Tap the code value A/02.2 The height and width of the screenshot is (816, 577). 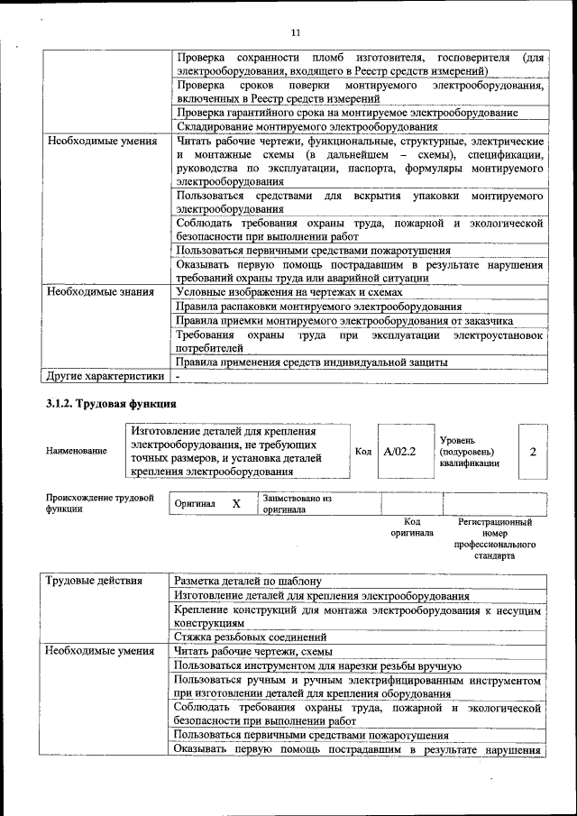pyautogui.click(x=398, y=450)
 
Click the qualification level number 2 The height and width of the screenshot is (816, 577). pyautogui.click(x=532, y=450)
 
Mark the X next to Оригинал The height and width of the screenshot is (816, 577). pyautogui.click(x=236, y=504)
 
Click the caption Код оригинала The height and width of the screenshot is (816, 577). pyautogui.click(x=412, y=527)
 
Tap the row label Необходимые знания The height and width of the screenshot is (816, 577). pyautogui.click(x=101, y=292)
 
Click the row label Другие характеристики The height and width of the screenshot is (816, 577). pyautogui.click(x=105, y=376)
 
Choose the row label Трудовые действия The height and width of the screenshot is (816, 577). pyautogui.click(x=94, y=582)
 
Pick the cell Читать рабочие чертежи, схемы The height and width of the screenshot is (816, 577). pyautogui.click(x=254, y=651)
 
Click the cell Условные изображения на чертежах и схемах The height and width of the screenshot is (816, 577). pyautogui.click(x=288, y=292)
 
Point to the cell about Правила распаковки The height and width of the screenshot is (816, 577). pyautogui.click(x=318, y=307)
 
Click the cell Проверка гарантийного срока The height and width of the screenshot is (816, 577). pyautogui.click(x=346, y=113)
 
